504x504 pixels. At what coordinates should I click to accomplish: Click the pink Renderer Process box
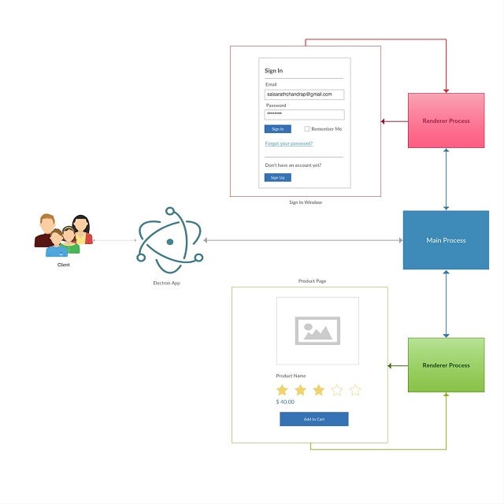[x=446, y=120]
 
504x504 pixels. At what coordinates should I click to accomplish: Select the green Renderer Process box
[x=446, y=365]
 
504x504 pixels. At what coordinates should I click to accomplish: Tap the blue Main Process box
[x=446, y=240]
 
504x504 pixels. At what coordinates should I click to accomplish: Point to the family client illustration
[x=64, y=235]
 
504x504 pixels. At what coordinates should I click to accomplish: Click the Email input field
[x=304, y=94]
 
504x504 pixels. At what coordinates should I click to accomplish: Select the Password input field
[x=304, y=114]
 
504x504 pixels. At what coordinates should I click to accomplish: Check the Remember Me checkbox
[x=307, y=128]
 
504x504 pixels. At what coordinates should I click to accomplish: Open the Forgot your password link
[x=288, y=143]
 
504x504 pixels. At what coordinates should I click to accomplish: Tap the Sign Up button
[x=277, y=177]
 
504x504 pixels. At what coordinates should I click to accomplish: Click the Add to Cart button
[x=313, y=419]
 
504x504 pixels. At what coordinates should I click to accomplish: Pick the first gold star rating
[x=282, y=390]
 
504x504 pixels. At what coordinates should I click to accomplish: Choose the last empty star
[x=354, y=390]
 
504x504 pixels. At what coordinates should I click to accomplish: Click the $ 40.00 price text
[x=285, y=402]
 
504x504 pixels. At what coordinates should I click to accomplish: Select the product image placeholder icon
[x=317, y=331]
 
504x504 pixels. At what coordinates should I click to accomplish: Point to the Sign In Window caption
[x=305, y=202]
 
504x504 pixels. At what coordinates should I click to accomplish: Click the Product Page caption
[x=312, y=281]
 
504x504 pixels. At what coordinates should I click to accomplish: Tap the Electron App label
[x=166, y=282]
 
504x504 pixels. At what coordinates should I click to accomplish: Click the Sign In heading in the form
[x=273, y=71]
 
